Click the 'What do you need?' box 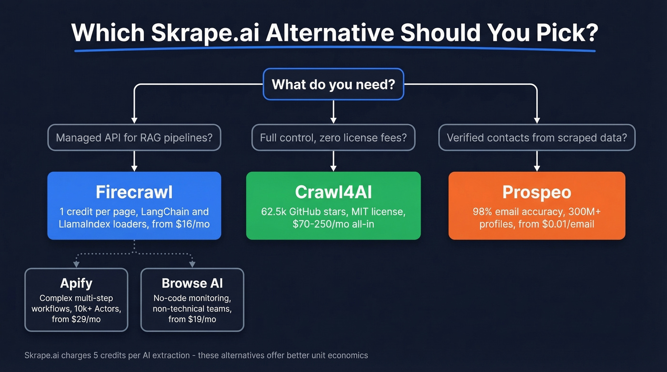(333, 84)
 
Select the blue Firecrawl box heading (134, 192)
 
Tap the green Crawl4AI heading (333, 192)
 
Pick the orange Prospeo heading (536, 192)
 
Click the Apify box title (76, 283)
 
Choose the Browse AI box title (192, 283)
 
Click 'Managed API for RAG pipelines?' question (134, 138)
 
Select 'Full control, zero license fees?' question (333, 138)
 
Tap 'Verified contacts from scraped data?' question (536, 138)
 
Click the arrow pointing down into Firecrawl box (134, 167)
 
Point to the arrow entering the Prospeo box (537, 167)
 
